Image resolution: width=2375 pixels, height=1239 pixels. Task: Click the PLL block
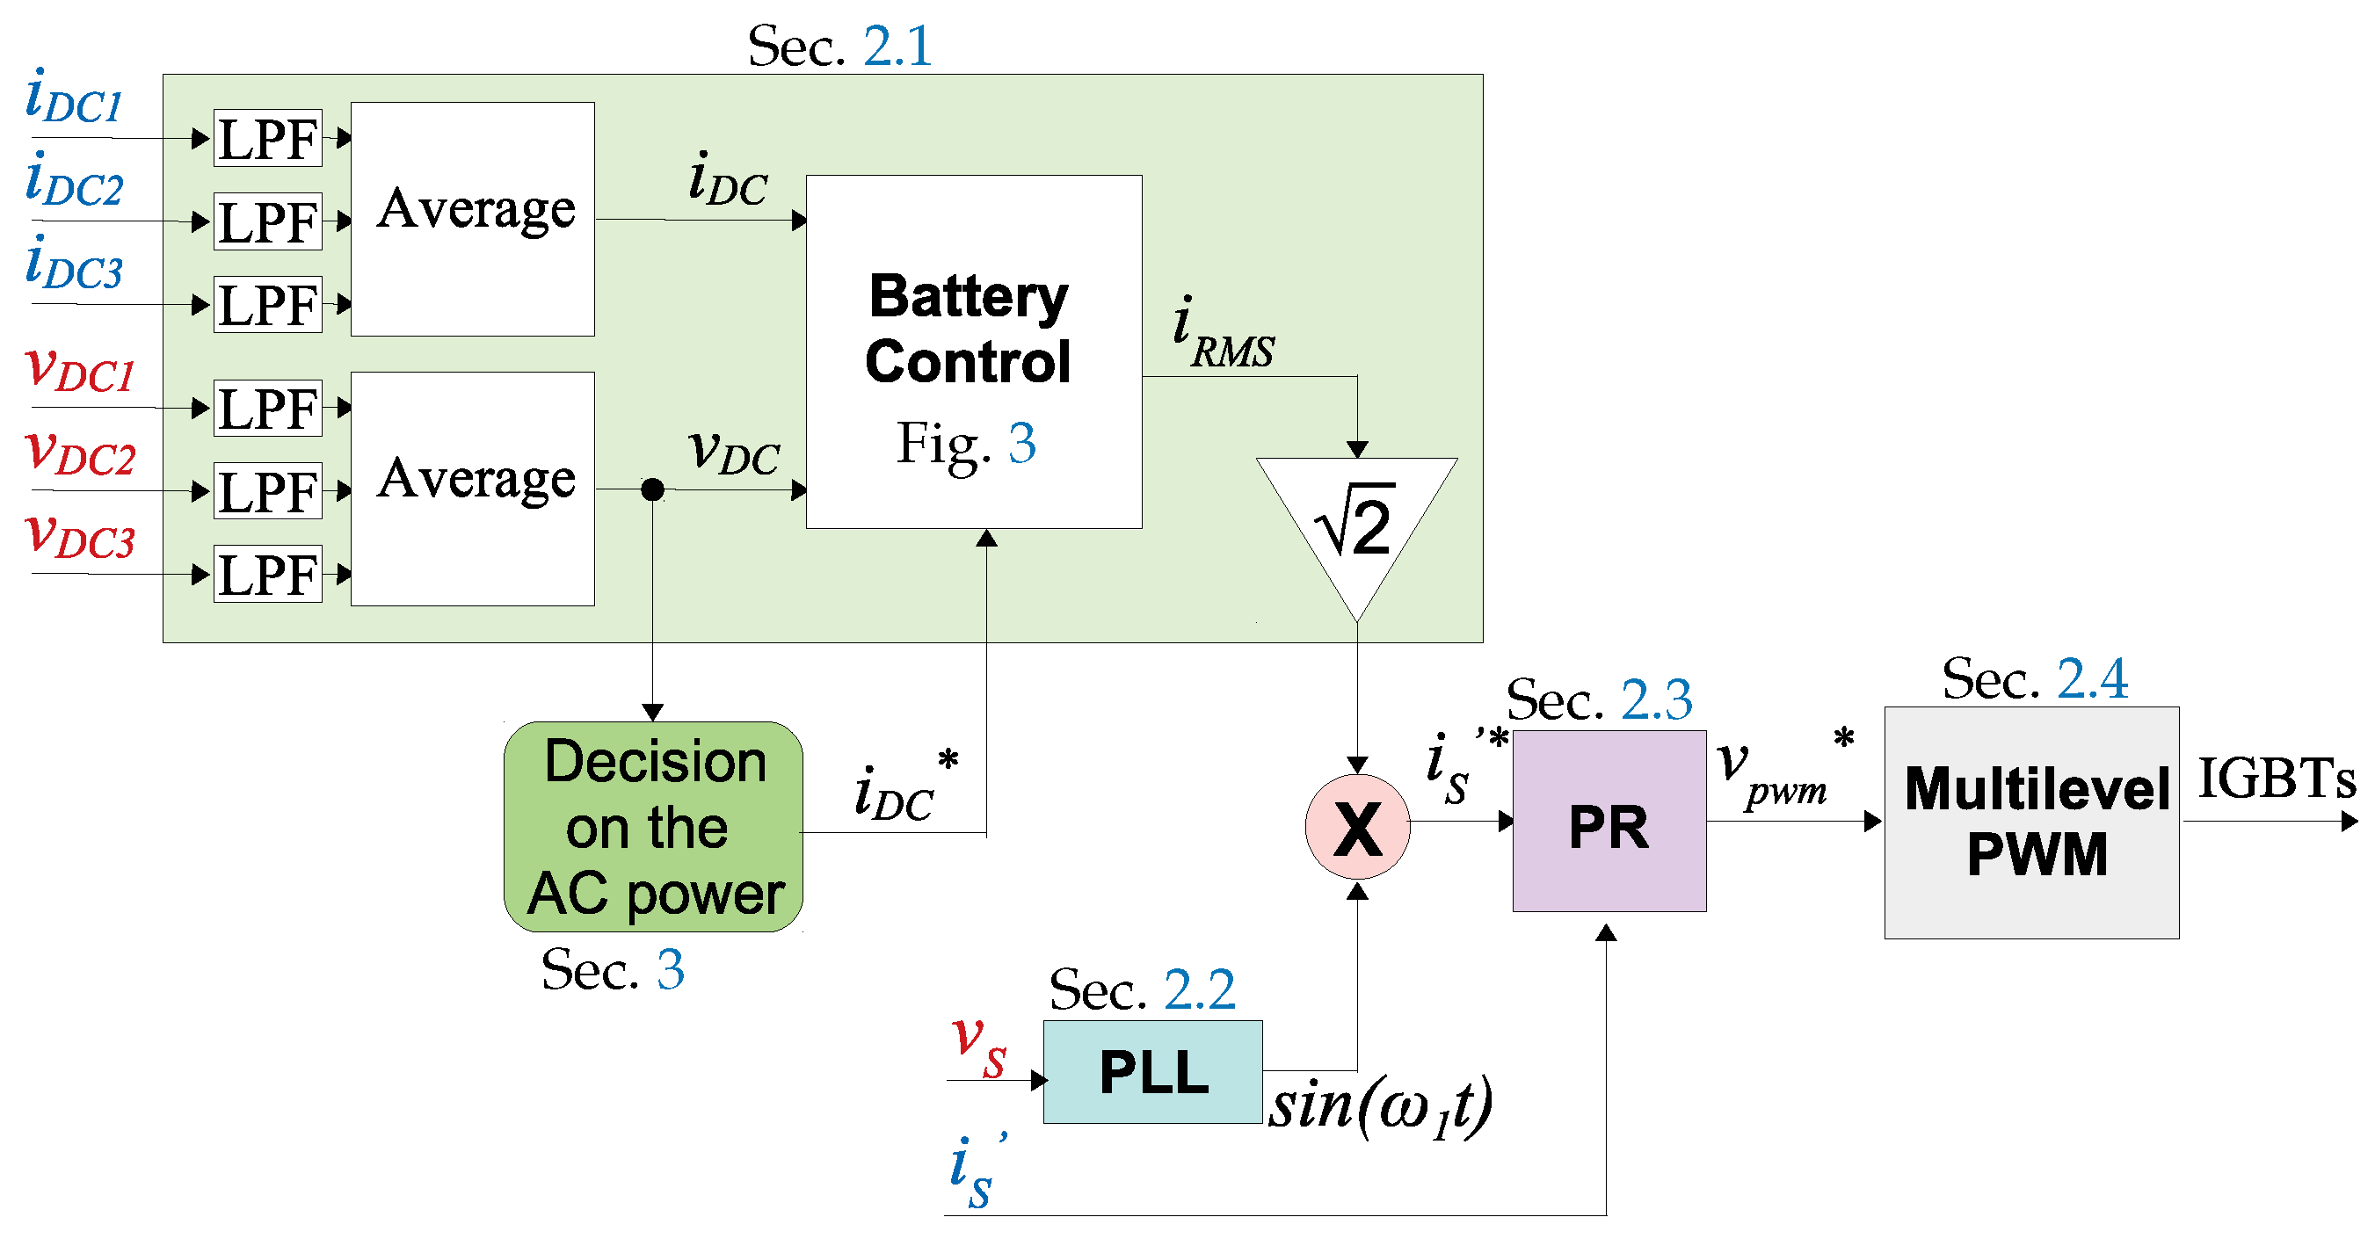click(1152, 1071)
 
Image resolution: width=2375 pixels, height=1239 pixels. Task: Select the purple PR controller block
click(1609, 822)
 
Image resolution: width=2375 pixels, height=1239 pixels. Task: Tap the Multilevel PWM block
click(2031, 822)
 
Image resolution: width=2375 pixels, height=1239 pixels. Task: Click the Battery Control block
click(974, 351)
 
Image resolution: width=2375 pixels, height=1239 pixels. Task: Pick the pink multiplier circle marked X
click(1357, 827)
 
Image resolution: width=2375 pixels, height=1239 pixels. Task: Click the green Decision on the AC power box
click(653, 827)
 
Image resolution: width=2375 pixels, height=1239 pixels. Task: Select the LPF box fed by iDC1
click(267, 138)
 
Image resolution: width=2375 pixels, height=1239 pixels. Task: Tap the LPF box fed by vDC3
click(267, 574)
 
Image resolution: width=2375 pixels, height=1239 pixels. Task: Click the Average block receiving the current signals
click(472, 219)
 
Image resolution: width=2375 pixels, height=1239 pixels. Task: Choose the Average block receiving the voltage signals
click(472, 489)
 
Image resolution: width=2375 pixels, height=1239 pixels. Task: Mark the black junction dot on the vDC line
click(652, 489)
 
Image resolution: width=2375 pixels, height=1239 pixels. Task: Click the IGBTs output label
click(2275, 779)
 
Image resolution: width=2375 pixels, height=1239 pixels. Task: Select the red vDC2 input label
click(81, 453)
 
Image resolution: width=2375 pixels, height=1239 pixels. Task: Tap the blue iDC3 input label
click(74, 265)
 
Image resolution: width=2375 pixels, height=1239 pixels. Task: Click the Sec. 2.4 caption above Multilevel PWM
click(2034, 680)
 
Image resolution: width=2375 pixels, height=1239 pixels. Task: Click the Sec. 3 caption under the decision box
click(612, 970)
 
